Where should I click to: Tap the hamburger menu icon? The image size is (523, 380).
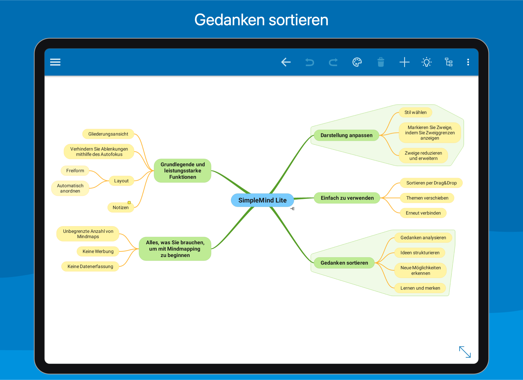[x=55, y=62]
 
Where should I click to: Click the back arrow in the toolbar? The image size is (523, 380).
[x=286, y=62]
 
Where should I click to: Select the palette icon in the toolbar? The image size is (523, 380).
[x=357, y=62]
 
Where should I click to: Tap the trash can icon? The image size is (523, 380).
[x=381, y=62]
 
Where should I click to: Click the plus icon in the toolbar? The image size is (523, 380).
[x=405, y=62]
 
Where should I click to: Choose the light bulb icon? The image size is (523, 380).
[x=427, y=62]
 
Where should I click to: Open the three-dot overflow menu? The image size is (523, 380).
[x=468, y=62]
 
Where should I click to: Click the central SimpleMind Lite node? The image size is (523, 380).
[x=262, y=200]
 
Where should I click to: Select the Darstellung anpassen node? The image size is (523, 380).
[x=346, y=135]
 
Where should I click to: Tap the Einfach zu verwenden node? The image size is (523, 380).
[x=347, y=198]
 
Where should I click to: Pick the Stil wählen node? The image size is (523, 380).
[x=415, y=112]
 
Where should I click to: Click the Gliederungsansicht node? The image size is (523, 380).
[x=108, y=134]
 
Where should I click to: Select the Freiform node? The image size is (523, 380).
[x=75, y=171]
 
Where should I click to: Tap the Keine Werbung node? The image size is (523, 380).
[x=98, y=251]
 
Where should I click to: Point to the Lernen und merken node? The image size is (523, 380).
[x=420, y=288]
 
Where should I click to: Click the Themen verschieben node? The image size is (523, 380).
[x=427, y=198]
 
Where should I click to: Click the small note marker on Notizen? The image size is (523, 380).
[x=129, y=203]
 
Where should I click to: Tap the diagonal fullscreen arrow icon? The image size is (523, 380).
[x=465, y=352]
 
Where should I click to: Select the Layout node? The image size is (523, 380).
[x=121, y=181]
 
